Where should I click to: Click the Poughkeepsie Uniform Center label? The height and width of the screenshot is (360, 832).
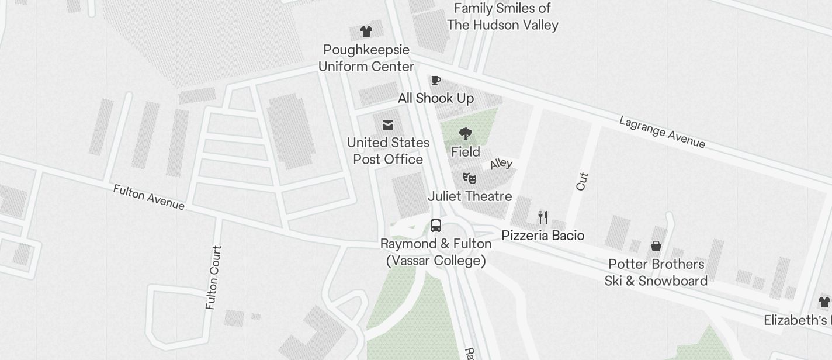click(366, 58)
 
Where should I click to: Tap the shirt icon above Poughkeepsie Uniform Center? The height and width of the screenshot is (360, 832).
click(366, 32)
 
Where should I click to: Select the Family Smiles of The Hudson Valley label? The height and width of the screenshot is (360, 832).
click(502, 16)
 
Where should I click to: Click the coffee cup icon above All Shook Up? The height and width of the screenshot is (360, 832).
click(435, 81)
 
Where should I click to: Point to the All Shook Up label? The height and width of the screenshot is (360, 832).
click(436, 98)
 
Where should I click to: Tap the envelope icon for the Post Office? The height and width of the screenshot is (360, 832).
click(388, 125)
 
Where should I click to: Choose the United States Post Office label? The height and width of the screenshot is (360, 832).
click(388, 151)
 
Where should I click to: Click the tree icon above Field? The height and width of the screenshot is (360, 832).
click(466, 134)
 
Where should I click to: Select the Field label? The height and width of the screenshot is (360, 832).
click(466, 152)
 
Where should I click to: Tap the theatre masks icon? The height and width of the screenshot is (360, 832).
click(470, 178)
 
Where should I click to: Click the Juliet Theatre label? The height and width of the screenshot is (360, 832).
click(470, 196)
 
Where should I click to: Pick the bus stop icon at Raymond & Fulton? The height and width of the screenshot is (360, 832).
click(436, 226)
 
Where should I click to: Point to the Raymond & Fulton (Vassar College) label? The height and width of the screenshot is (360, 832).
click(436, 252)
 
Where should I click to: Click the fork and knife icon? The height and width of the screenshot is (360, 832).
click(543, 217)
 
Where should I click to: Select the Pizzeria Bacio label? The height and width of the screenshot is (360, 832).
click(543, 236)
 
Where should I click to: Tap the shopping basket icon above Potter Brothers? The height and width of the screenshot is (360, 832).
click(656, 246)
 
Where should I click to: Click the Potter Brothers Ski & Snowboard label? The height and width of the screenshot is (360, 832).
click(656, 272)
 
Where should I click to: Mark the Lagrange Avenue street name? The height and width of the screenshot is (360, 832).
click(663, 132)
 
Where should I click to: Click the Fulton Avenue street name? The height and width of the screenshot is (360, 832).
click(149, 197)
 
